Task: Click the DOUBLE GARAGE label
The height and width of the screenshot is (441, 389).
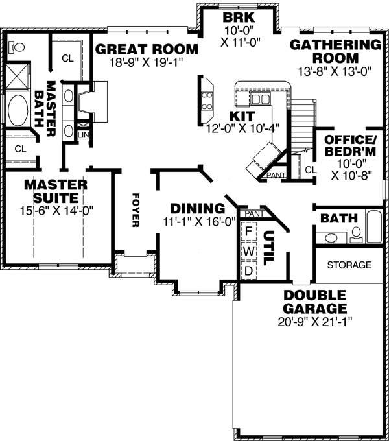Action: pos(314,302)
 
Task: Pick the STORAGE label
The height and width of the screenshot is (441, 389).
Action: pos(349,265)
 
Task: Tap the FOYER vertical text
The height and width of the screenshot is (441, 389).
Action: pos(136,210)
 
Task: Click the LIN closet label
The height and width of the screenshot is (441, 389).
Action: pos(83,134)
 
